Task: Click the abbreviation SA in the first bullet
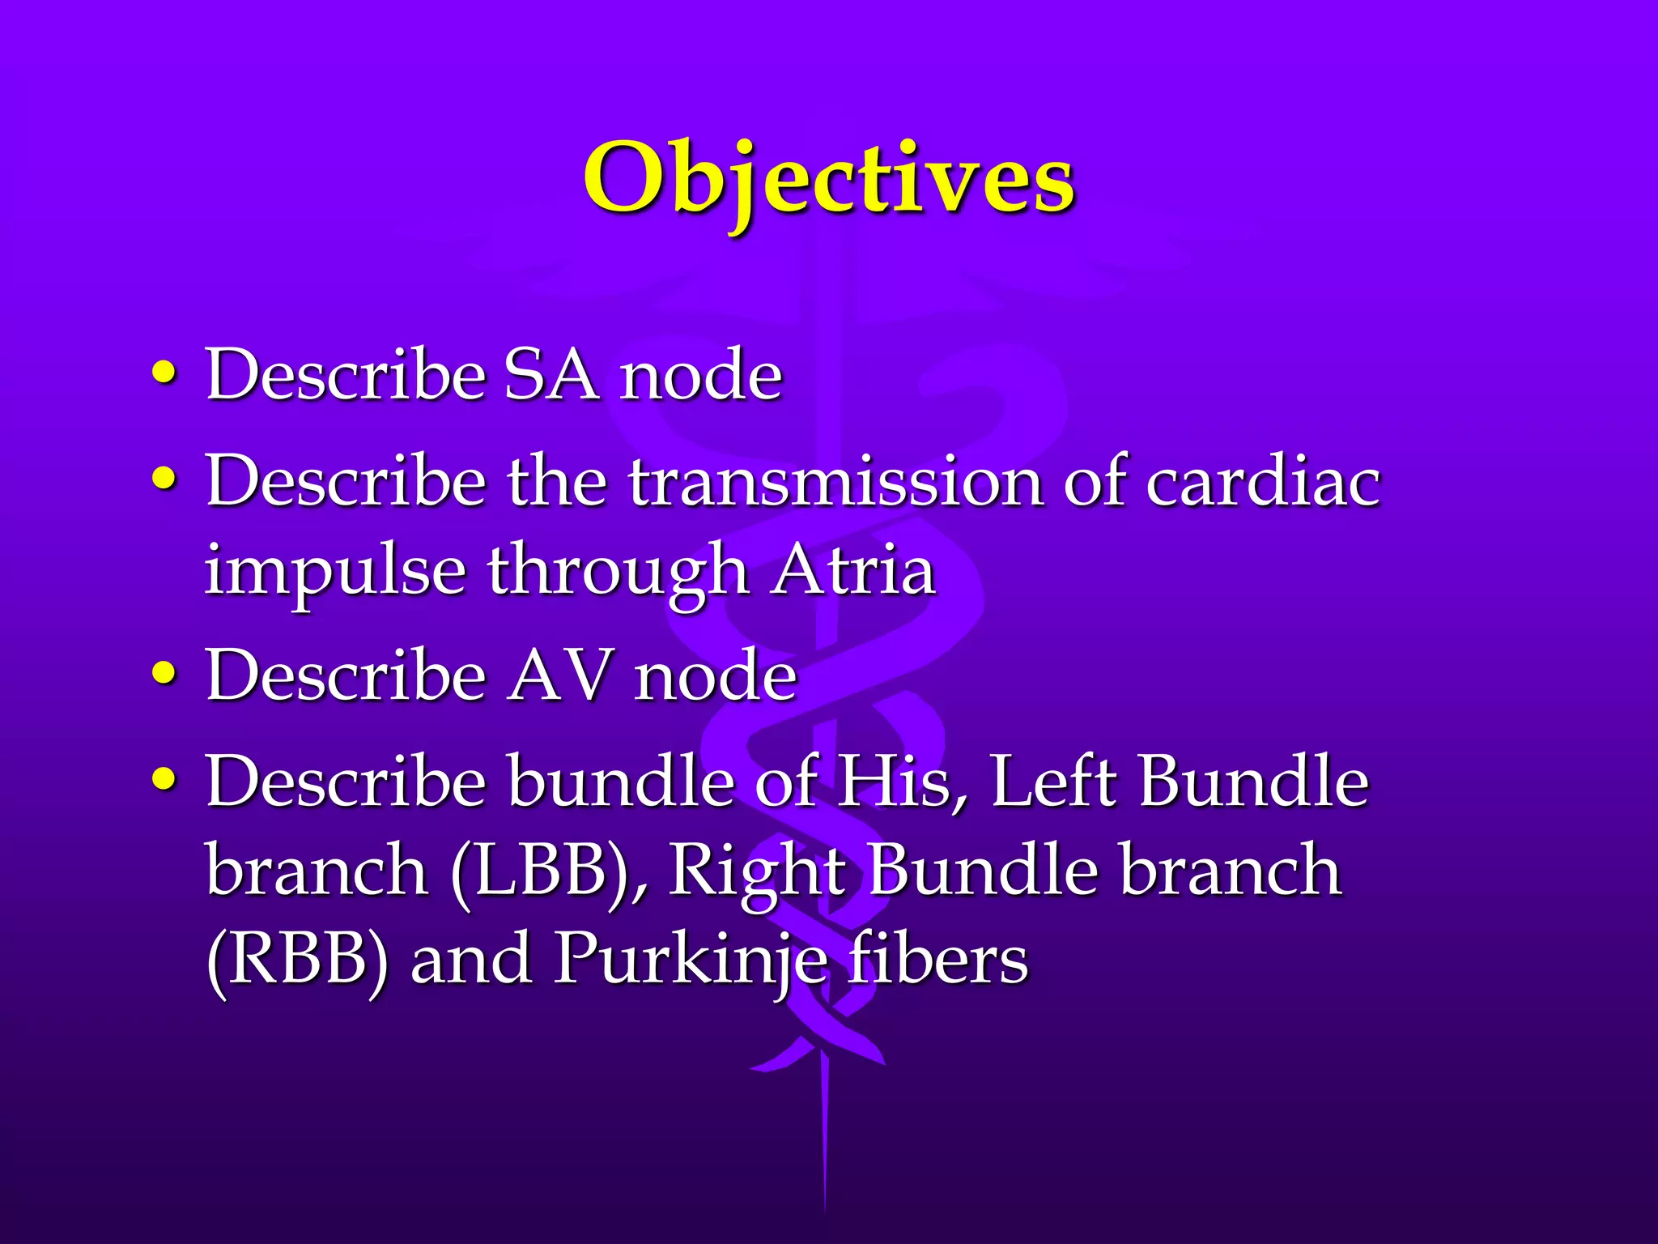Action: coord(552,375)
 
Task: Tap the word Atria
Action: coord(854,569)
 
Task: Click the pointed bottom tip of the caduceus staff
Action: coord(825,1207)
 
